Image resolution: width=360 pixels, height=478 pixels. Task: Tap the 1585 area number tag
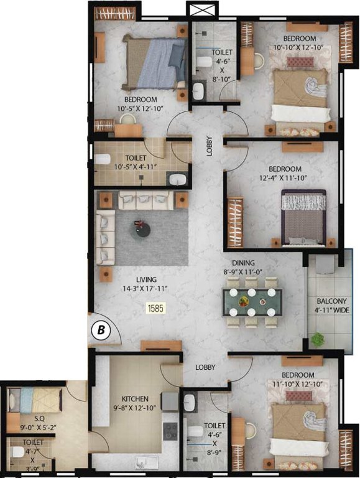tap(154, 307)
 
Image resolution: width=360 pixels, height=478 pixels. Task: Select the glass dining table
tap(249, 303)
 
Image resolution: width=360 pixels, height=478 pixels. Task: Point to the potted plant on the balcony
tap(318, 340)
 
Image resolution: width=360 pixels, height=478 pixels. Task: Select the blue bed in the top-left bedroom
tap(155, 62)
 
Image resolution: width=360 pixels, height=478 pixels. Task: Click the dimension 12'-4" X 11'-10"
tap(285, 179)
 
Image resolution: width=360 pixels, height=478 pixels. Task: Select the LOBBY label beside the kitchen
tap(205, 368)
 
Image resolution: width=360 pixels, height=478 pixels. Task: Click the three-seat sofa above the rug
tap(145, 200)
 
